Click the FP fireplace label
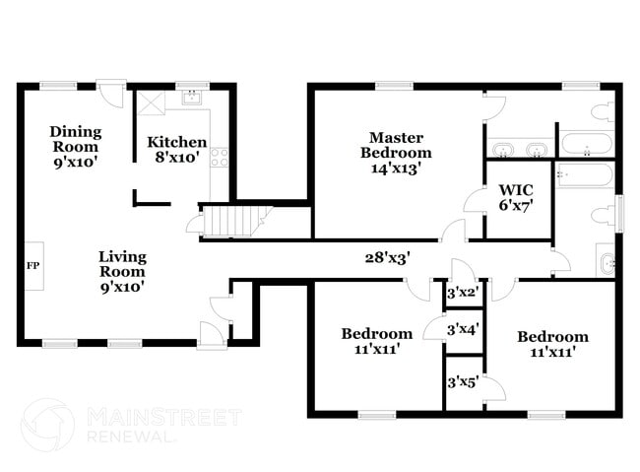pyautogui.click(x=32, y=266)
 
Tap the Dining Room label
pyautogui.click(x=75, y=139)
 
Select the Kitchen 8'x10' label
pyautogui.click(x=177, y=149)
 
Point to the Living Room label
pyautogui.click(x=122, y=264)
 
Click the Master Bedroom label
pyautogui.click(x=396, y=145)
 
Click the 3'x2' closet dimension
pyautogui.click(x=462, y=293)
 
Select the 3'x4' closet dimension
pyautogui.click(x=462, y=330)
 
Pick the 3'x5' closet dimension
pyautogui.click(x=462, y=381)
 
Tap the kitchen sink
pyautogui.click(x=192, y=99)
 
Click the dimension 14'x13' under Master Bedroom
pyautogui.click(x=396, y=168)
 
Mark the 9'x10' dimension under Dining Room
pyautogui.click(x=75, y=162)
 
